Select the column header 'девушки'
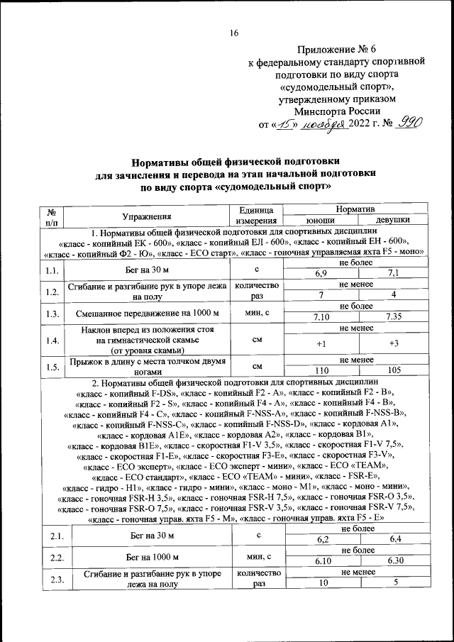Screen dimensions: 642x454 (393, 220)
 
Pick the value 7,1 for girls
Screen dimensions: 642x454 (393, 273)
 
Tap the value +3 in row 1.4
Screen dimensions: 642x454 (393, 344)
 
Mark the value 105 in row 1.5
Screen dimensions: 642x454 (393, 370)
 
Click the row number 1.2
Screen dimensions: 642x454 (50, 291)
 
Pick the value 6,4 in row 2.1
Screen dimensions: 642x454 (393, 540)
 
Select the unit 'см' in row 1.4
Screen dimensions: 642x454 (258, 339)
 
